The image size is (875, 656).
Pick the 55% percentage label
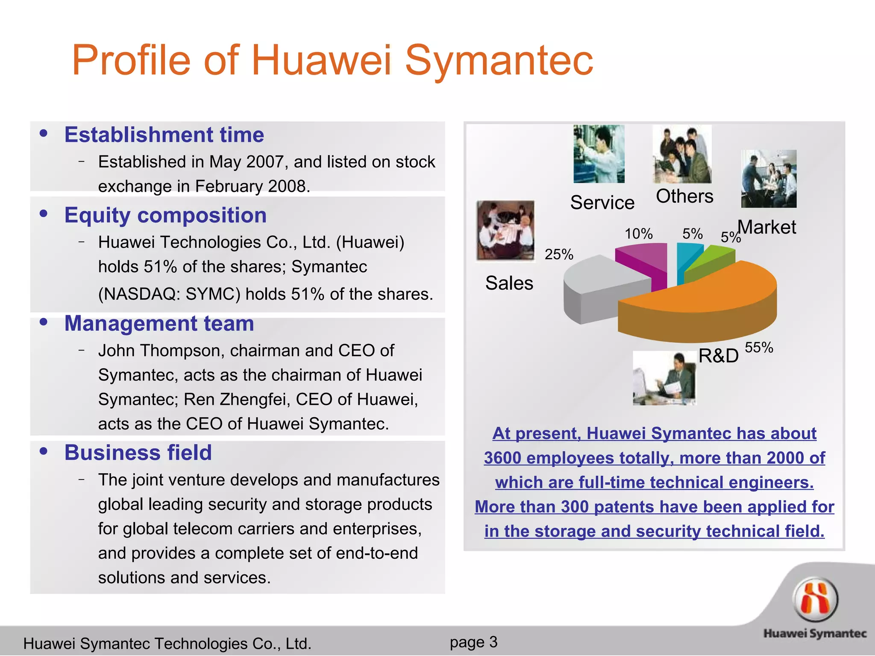click(x=759, y=348)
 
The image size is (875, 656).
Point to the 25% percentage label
click(x=558, y=255)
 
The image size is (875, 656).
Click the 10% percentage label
click(x=638, y=234)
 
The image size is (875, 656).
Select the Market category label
click(x=767, y=227)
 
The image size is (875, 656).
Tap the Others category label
click(x=684, y=196)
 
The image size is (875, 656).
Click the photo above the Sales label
click(x=505, y=230)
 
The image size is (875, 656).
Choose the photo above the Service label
click(x=599, y=154)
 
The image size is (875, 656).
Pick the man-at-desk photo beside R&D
click(x=664, y=378)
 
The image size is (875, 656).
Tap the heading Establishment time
click(x=164, y=135)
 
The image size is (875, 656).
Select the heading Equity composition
click(x=165, y=215)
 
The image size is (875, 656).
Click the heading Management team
click(x=159, y=323)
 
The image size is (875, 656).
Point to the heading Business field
click(x=138, y=453)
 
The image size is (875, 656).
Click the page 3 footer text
click(x=473, y=642)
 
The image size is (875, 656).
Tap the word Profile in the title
click(x=131, y=61)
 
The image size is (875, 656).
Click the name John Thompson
click(x=161, y=351)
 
